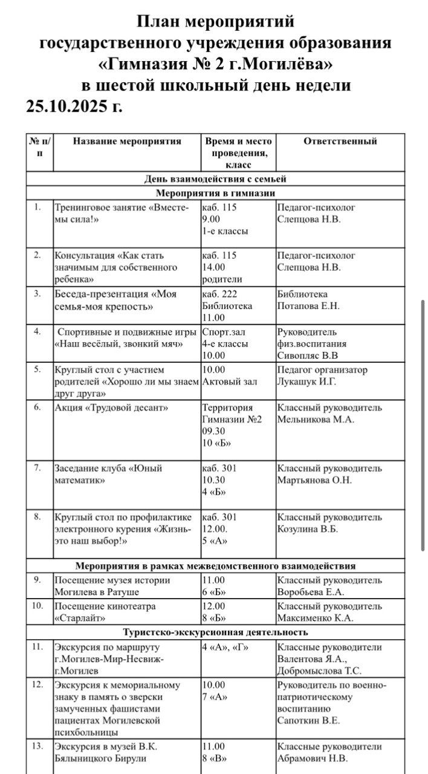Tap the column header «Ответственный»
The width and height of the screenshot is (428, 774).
point(340,141)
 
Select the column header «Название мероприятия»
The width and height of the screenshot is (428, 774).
point(127,141)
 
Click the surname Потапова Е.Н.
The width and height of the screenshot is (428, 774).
point(308,306)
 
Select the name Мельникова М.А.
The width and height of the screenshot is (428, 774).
point(315,419)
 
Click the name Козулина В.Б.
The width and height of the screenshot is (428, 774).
point(307,529)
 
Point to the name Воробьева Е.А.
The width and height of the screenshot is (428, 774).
point(310,592)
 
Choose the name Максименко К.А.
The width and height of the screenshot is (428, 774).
point(315,618)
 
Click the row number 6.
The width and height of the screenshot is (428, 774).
point(37,408)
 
